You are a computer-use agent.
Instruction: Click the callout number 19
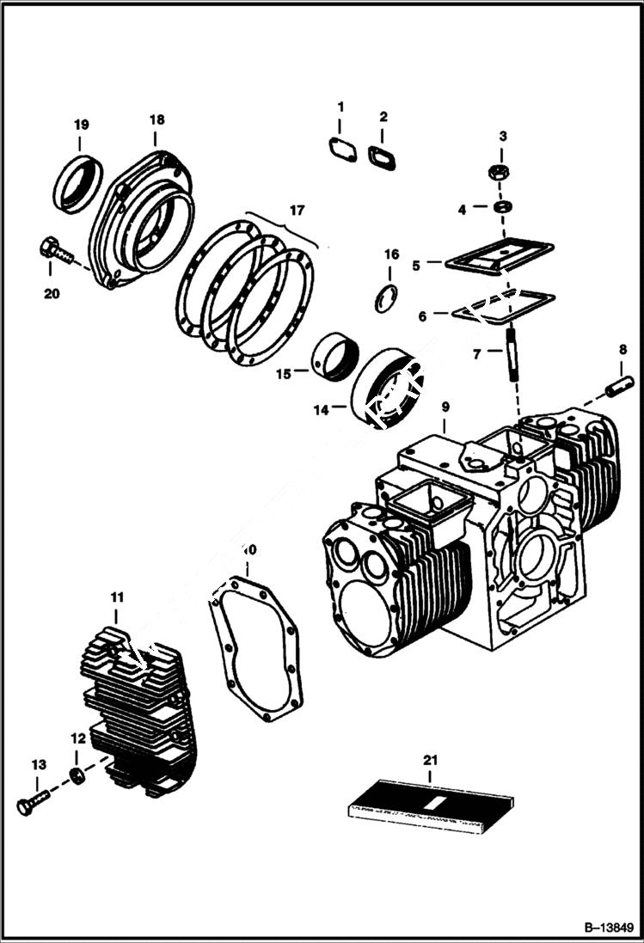pos(80,125)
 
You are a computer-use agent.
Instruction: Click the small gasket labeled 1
pos(343,148)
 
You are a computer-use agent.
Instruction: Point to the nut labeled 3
pos(497,172)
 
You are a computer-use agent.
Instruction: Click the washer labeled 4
pos(503,207)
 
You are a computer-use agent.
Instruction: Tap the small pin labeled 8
pos(620,386)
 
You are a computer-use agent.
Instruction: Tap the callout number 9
pos(445,405)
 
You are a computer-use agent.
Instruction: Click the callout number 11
pos(117,597)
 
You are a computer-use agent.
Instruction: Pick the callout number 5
pos(415,266)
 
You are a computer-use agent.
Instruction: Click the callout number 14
pos(321,411)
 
